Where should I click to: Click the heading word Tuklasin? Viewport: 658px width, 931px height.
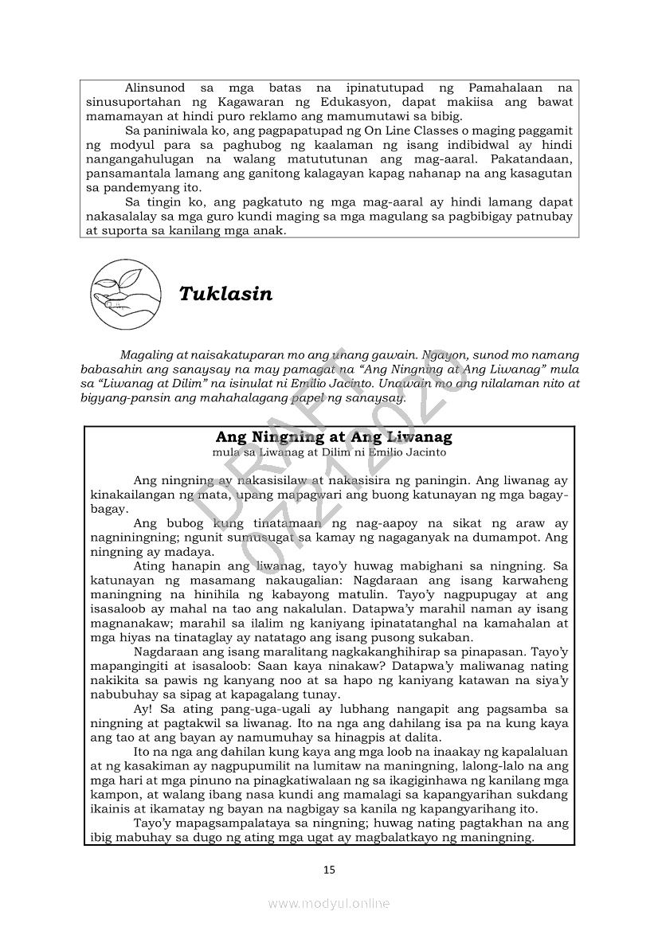point(225,294)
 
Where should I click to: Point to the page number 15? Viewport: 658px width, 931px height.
point(329,869)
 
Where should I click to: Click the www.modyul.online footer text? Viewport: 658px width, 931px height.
point(329,903)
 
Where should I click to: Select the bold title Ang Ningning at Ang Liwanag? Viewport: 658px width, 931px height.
point(334,437)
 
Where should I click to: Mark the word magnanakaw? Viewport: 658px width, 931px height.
point(126,624)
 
